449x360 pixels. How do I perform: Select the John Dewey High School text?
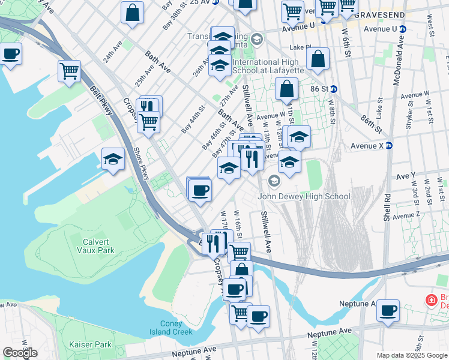click(304, 196)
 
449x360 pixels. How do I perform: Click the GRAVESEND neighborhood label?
click(379, 14)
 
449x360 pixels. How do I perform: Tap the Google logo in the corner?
click(20, 353)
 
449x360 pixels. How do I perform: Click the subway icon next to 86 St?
click(334, 89)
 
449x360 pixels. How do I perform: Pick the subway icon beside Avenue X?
click(388, 145)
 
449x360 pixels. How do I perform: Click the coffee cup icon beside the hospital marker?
click(388, 311)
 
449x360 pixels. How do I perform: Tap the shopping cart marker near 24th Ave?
click(70, 71)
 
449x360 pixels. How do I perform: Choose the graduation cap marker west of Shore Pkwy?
click(113, 160)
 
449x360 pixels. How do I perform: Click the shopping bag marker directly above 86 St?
click(318, 59)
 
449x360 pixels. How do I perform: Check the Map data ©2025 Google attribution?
click(412, 355)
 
